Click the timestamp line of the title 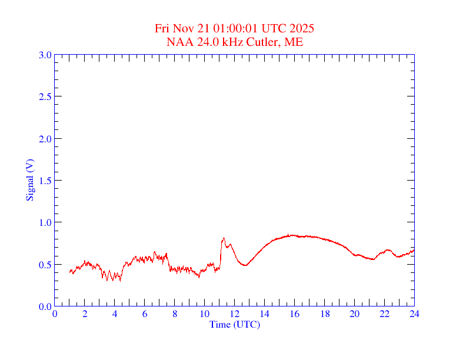point(234,28)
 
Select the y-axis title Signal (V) point(30,180)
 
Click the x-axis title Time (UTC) point(234,324)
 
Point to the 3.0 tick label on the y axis point(45,55)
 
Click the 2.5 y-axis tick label point(45,96)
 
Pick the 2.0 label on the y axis point(45,139)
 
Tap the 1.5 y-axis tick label point(45,181)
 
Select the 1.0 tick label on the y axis point(45,222)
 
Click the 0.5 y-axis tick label point(45,265)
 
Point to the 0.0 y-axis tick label point(45,306)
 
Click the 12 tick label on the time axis point(235,314)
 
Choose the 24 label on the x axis point(414,314)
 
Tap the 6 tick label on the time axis point(145,314)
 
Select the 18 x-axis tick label point(325,314)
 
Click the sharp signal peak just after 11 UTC point(224,238)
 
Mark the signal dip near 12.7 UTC point(245,265)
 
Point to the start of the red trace point(69,271)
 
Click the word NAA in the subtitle point(178,42)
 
